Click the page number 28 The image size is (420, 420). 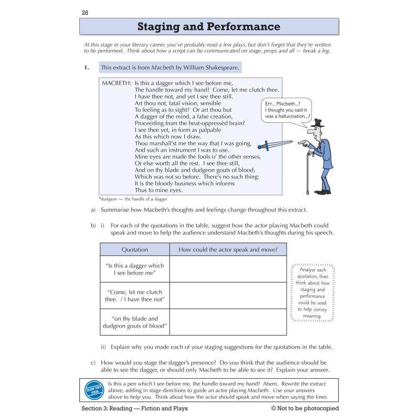click(85, 12)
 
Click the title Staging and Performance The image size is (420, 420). click(208, 27)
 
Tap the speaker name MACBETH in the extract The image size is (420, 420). click(117, 83)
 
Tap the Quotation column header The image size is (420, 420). click(134, 250)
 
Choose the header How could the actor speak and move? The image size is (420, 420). click(228, 250)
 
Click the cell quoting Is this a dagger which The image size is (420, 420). click(134, 269)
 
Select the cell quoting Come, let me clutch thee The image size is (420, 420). click(134, 296)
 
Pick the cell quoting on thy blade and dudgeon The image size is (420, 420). click(134, 322)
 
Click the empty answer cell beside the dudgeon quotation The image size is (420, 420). click(228, 322)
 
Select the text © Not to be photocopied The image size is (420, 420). click(304, 408)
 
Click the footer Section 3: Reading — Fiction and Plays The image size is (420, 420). click(134, 408)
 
